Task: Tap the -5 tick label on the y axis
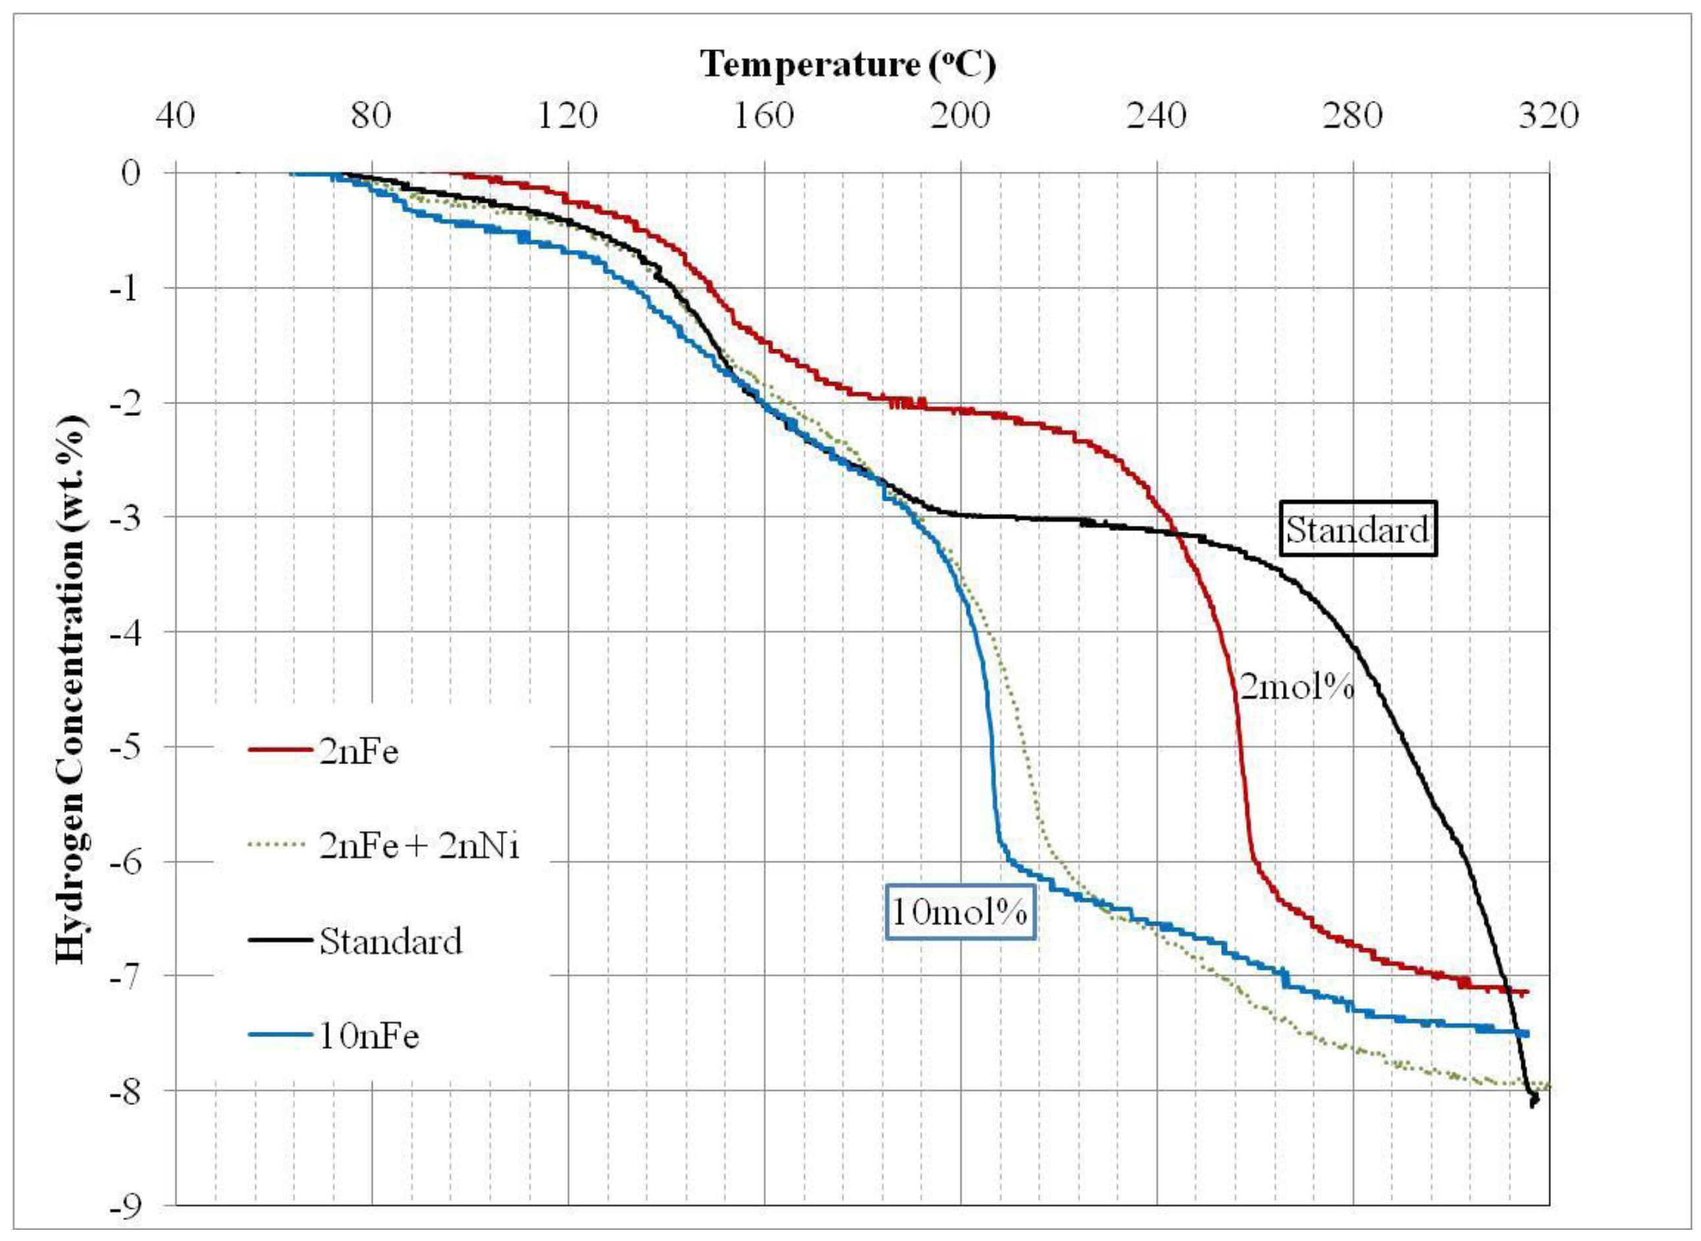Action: click(x=124, y=747)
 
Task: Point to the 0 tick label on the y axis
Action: click(x=131, y=173)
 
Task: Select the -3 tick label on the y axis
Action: click(x=124, y=517)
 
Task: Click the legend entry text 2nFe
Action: click(x=358, y=751)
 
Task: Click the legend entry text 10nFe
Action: click(x=368, y=1036)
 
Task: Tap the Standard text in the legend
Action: click(x=390, y=941)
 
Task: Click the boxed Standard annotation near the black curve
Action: click(x=1357, y=529)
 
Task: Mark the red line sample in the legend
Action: click(x=280, y=751)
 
